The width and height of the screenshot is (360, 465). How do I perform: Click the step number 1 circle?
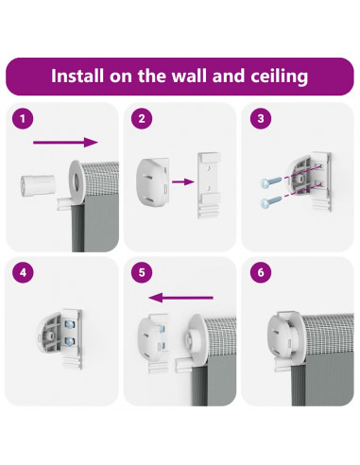[23, 119]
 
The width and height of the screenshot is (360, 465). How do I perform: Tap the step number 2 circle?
[142, 119]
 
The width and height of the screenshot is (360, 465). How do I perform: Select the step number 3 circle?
[261, 119]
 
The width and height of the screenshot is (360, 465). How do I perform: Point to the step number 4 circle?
[23, 272]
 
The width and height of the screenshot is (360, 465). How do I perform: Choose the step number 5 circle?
[142, 272]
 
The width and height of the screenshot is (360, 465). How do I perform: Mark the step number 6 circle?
[261, 272]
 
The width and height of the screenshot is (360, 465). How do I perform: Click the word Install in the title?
[77, 76]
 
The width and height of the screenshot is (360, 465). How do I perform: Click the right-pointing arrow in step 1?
[65, 143]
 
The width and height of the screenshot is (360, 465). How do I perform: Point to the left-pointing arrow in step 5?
[181, 298]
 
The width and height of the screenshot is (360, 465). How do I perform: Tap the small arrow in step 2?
[183, 181]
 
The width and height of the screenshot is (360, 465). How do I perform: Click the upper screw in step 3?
[271, 181]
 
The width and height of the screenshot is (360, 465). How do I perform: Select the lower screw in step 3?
[271, 201]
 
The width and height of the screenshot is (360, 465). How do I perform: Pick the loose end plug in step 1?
[38, 186]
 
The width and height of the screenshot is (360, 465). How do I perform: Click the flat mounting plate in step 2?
[209, 185]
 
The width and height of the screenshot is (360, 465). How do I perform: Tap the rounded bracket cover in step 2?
[152, 182]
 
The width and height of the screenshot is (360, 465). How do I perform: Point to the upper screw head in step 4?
[69, 323]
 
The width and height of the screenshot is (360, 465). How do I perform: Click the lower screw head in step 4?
[69, 340]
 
